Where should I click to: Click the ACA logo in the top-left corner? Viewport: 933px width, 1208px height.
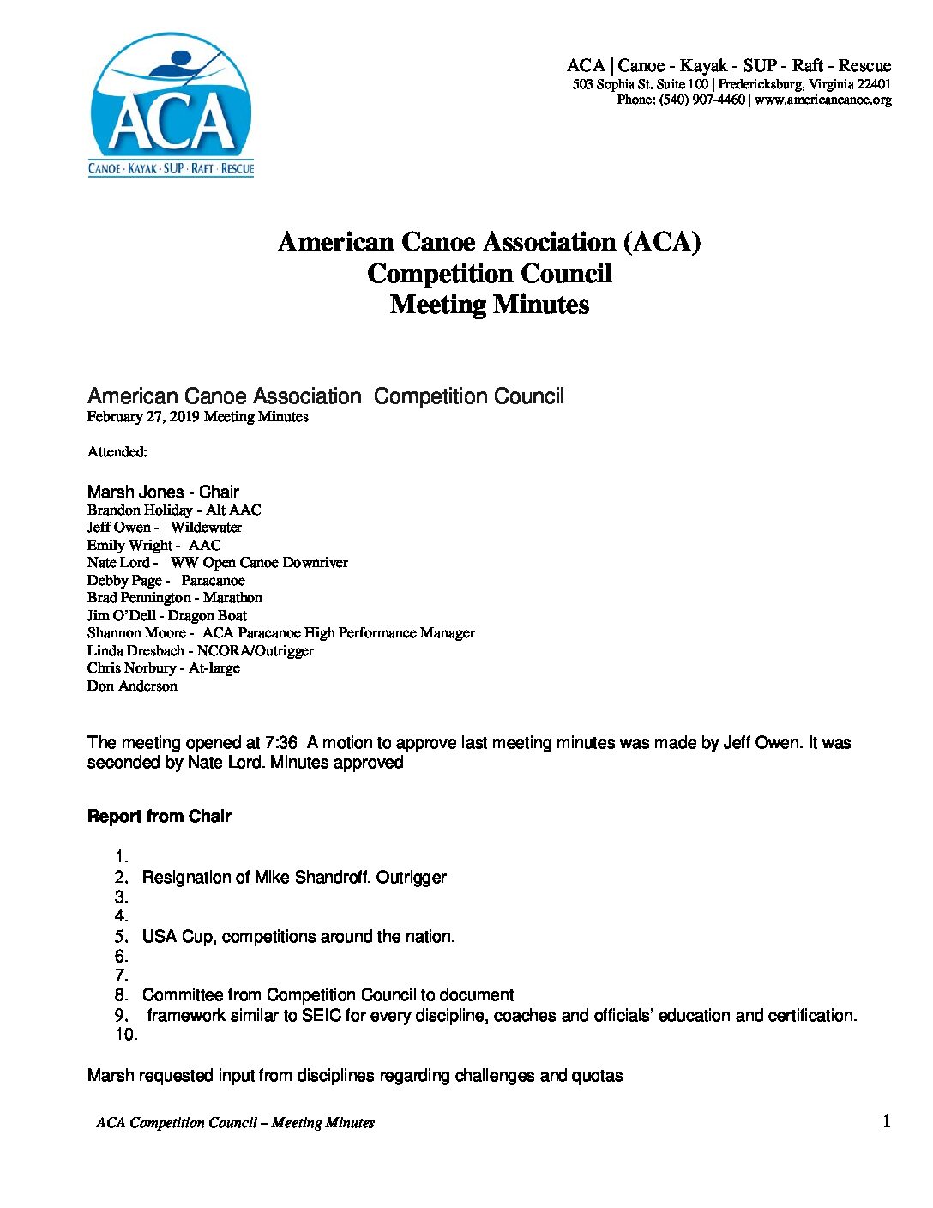point(172,105)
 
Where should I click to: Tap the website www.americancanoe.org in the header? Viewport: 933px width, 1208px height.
point(823,100)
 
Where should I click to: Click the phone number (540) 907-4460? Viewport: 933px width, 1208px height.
point(702,100)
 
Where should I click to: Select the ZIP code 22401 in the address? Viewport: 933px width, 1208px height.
point(874,84)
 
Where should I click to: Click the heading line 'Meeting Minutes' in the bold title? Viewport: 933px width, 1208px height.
point(490,305)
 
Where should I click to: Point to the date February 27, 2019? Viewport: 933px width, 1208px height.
point(143,417)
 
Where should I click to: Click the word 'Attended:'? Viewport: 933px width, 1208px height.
point(117,451)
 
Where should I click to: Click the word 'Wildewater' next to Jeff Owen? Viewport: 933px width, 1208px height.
point(206,528)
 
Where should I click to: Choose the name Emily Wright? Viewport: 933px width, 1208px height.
point(129,545)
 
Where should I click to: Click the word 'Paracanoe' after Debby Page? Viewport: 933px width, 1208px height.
point(213,580)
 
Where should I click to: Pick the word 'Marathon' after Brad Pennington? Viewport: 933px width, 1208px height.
point(232,598)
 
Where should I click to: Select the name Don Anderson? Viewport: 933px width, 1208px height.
point(132,686)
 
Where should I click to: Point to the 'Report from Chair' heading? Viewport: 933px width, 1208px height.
point(160,817)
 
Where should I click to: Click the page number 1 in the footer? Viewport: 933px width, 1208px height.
point(887,1121)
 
